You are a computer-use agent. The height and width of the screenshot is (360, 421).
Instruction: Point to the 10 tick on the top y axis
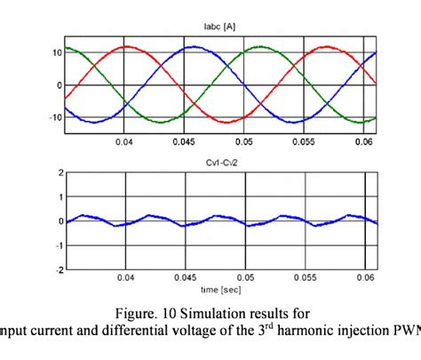coord(53,52)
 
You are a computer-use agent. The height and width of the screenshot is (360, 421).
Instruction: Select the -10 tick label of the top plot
coord(52,117)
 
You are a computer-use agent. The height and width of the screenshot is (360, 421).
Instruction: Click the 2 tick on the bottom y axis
coord(58,173)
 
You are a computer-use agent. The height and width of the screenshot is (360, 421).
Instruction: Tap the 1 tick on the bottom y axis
coord(58,197)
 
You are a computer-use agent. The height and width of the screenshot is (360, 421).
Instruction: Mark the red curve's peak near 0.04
coord(129,46)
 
